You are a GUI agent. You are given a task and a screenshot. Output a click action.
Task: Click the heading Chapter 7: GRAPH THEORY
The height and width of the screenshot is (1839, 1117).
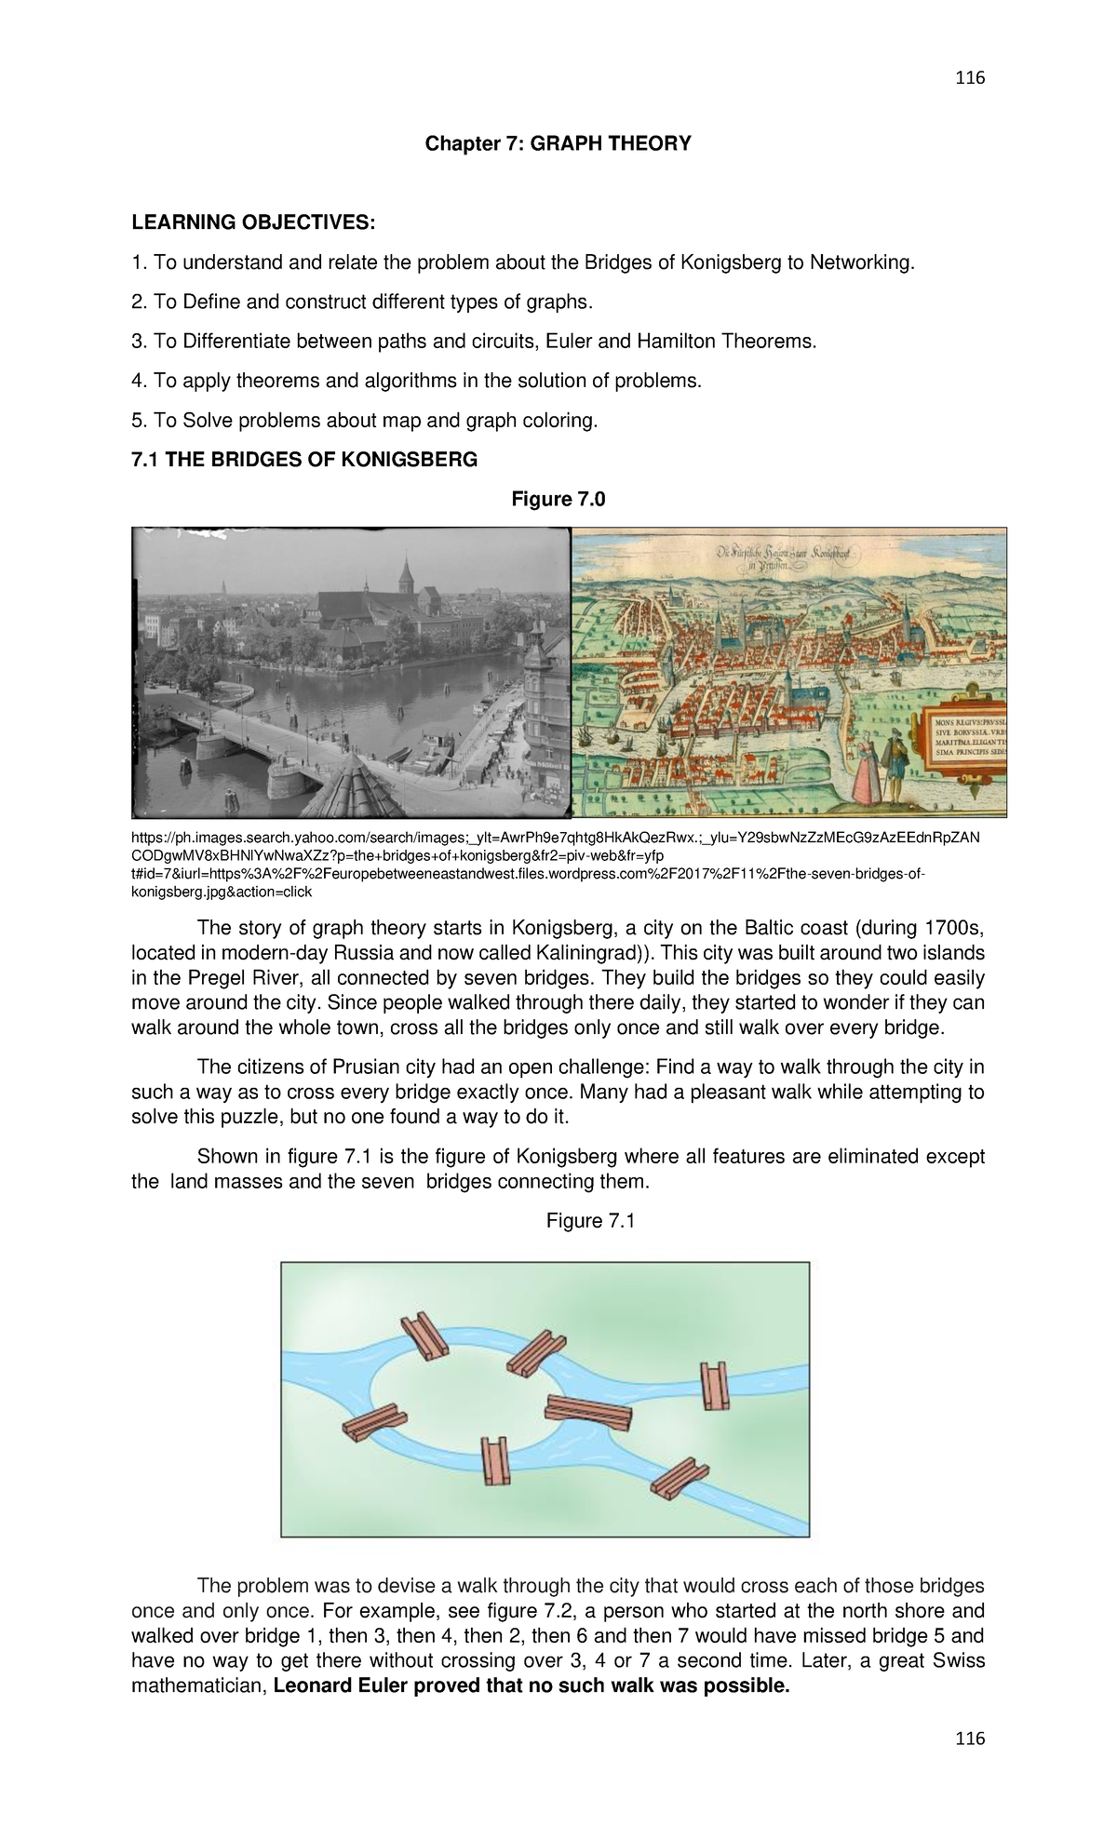point(558,143)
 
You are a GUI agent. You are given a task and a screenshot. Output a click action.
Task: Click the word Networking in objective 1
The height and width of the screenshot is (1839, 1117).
point(861,262)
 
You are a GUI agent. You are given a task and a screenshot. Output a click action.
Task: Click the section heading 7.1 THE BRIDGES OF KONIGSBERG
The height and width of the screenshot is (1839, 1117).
point(304,460)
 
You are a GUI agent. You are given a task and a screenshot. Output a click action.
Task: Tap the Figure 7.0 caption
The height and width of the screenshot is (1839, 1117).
point(558,500)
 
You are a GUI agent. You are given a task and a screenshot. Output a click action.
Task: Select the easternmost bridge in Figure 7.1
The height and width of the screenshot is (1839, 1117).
point(715,1386)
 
